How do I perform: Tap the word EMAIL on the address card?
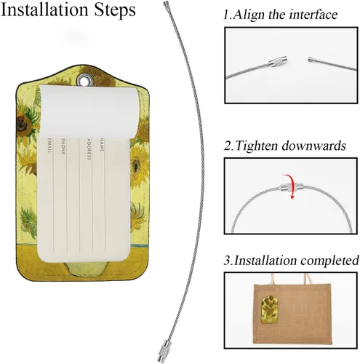49,145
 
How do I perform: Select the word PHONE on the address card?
63,146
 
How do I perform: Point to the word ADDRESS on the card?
89,149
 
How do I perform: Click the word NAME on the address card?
102,145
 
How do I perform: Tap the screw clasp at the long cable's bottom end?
163,351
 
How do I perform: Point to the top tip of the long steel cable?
166,2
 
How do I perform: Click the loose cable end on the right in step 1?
311,60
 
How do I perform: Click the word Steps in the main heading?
115,9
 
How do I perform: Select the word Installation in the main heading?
44,9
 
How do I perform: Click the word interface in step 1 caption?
313,15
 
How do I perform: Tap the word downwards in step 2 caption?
314,146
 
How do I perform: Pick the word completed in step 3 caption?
329,260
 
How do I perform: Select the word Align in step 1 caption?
249,15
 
